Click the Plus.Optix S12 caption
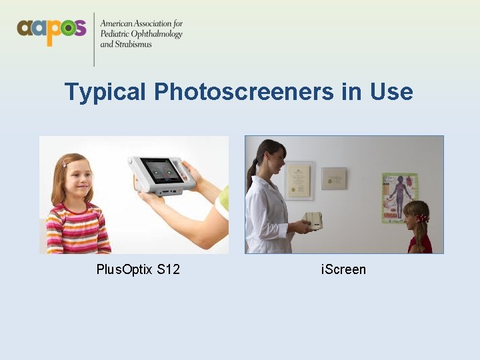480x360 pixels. tap(138, 269)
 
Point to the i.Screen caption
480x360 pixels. tap(343, 269)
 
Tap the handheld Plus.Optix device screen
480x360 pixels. tap(159, 171)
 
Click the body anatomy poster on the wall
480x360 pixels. tap(399, 197)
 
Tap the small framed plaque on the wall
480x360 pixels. tap(334, 178)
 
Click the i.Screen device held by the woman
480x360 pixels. tap(312, 221)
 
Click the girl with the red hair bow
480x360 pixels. tap(418, 227)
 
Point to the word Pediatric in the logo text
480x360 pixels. tap(114, 34)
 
